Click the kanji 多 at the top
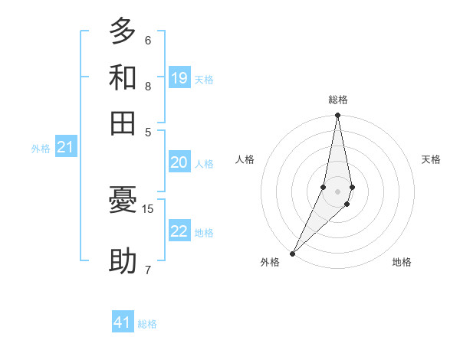[123, 32]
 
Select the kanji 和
[123, 77]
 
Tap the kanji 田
[123, 122]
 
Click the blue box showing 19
[179, 77]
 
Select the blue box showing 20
[179, 162]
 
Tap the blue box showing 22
[179, 231]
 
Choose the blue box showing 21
[65, 147]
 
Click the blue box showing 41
[123, 322]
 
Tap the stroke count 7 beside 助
[148, 269]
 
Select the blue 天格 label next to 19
[204, 79]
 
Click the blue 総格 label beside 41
[147, 324]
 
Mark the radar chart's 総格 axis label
[337, 100]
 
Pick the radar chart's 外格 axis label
[270, 263]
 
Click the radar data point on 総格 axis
[337, 116]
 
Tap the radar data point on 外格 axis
[293, 253]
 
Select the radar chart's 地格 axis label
[402, 263]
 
